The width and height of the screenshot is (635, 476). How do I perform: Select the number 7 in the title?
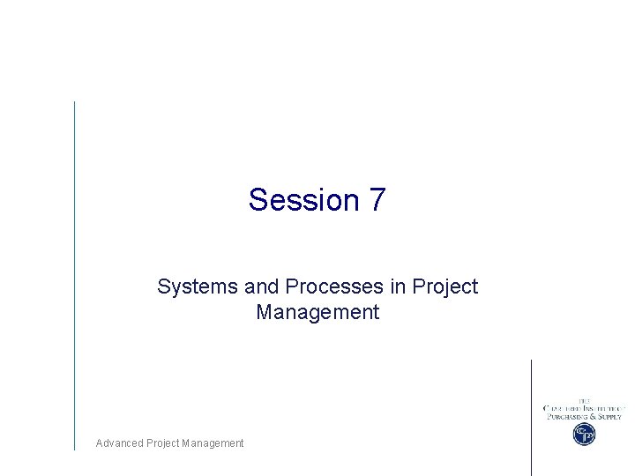click(377, 200)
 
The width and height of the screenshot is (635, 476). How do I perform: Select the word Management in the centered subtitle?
click(317, 312)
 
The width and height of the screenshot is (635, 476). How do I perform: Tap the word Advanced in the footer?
click(118, 443)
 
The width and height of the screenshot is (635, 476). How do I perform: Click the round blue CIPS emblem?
click(583, 434)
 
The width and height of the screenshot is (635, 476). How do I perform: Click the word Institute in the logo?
click(601, 408)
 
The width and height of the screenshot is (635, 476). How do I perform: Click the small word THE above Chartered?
click(583, 400)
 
